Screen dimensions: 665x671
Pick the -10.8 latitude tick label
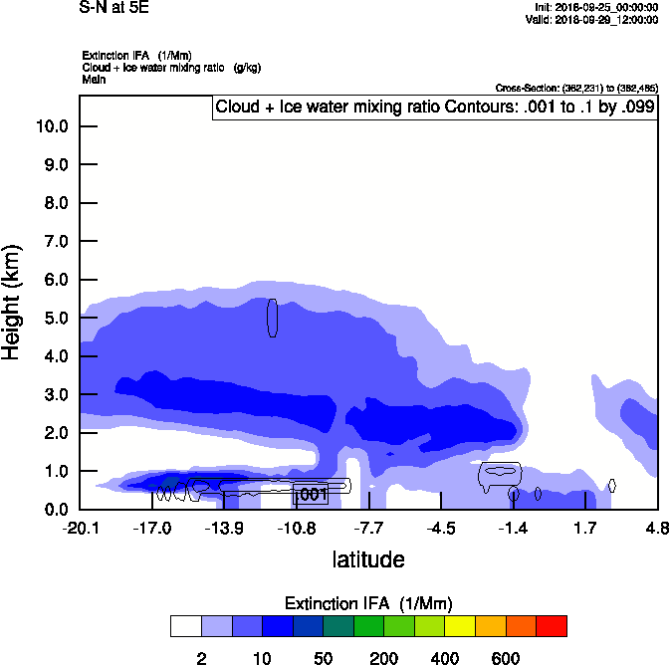point(297,527)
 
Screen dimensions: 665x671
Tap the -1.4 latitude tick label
point(513,527)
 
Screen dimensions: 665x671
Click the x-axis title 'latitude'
point(368,559)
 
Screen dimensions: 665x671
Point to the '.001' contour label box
point(312,494)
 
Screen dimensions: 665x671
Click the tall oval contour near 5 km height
point(272,318)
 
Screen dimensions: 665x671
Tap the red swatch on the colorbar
point(552,626)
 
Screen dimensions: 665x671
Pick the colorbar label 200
point(383,658)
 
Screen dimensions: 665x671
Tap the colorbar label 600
point(506,658)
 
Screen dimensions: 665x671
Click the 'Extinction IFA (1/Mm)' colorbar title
point(368,603)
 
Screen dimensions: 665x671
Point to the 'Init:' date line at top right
point(595,8)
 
